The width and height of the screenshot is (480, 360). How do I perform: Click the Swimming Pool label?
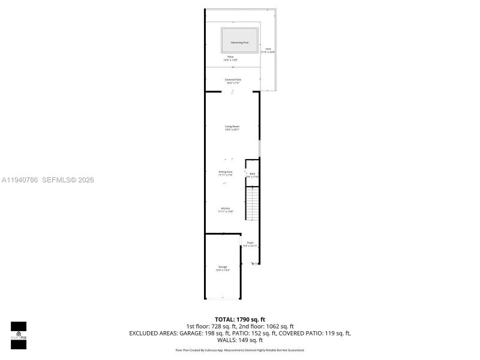coord(239,42)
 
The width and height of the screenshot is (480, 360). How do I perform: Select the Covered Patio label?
coord(233,80)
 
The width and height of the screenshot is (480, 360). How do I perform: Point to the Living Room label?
coord(232,127)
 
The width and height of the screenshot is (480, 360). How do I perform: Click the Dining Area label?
coord(226,172)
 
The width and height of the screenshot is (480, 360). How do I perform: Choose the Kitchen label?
coord(226,209)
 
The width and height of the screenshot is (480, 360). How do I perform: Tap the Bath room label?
coord(252,174)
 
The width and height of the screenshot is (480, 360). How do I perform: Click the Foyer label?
coord(250,243)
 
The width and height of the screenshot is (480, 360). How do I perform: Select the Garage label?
coord(223,267)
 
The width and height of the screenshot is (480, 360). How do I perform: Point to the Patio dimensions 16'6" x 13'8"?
coord(230,60)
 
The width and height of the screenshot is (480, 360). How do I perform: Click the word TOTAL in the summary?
coord(225,319)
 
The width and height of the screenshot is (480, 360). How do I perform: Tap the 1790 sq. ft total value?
coord(252,319)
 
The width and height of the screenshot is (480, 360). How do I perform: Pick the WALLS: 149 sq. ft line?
coord(239,340)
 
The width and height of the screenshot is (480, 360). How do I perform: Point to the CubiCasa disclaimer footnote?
coord(239,350)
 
